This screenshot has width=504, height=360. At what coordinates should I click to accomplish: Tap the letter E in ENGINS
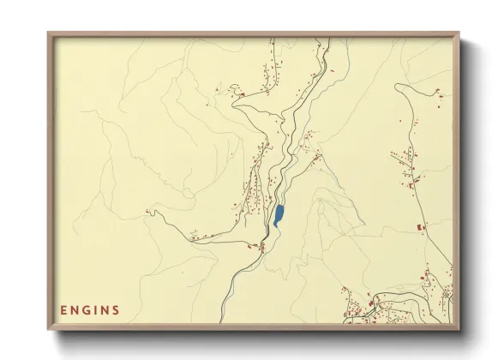[x=63, y=309]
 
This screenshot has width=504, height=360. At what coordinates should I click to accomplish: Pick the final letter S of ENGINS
[x=116, y=309]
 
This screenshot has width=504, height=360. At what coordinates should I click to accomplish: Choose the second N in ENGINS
[x=105, y=309]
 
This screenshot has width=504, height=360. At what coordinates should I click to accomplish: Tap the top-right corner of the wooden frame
[x=458, y=34]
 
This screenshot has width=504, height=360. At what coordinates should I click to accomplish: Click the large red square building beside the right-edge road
[x=420, y=227]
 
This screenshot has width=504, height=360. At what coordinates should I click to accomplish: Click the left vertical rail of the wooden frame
[x=51, y=180]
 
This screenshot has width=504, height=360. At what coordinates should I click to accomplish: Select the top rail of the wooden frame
[x=254, y=34]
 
